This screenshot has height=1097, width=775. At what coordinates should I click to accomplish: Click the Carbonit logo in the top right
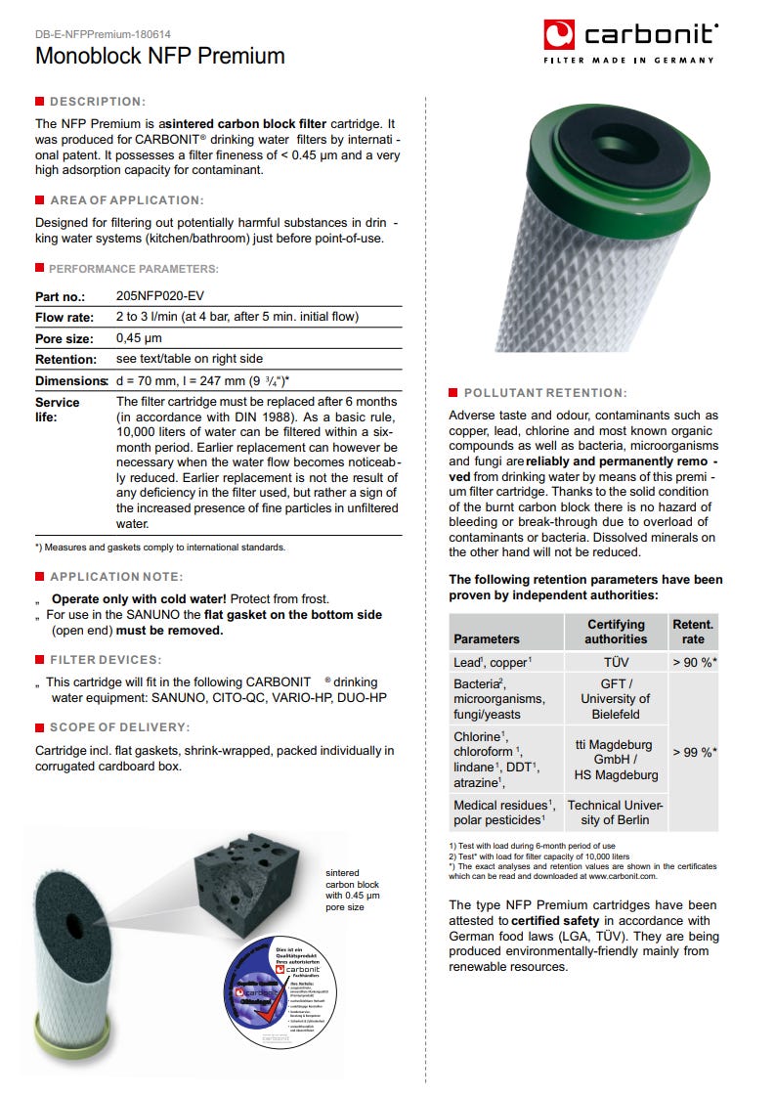click(x=630, y=40)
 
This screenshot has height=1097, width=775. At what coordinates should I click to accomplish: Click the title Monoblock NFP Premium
click(x=160, y=56)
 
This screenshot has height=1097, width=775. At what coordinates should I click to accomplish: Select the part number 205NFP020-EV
click(x=160, y=295)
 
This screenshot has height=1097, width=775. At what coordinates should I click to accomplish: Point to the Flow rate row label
click(x=65, y=317)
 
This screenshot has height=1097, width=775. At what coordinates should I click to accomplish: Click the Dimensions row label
click(x=71, y=380)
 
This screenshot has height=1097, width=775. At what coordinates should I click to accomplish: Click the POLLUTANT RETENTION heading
click(x=545, y=393)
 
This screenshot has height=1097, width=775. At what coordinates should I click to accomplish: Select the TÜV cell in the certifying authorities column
click(x=616, y=662)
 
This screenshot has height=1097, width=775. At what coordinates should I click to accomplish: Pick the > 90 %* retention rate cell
click(x=695, y=662)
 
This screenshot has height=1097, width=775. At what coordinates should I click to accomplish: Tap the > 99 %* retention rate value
click(x=695, y=752)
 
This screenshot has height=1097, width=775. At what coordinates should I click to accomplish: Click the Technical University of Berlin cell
click(x=616, y=812)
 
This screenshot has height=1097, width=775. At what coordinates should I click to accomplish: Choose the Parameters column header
click(x=487, y=638)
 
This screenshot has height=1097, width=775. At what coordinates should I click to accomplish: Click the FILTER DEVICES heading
click(x=106, y=660)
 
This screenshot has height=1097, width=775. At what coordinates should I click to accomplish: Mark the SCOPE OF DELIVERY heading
click(x=119, y=727)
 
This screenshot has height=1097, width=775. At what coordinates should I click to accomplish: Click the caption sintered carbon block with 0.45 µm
click(x=353, y=890)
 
